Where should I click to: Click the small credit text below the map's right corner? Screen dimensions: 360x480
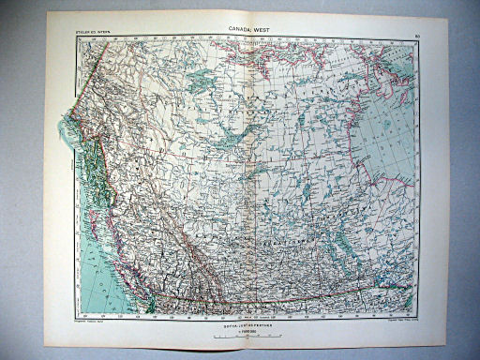(397, 320)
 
